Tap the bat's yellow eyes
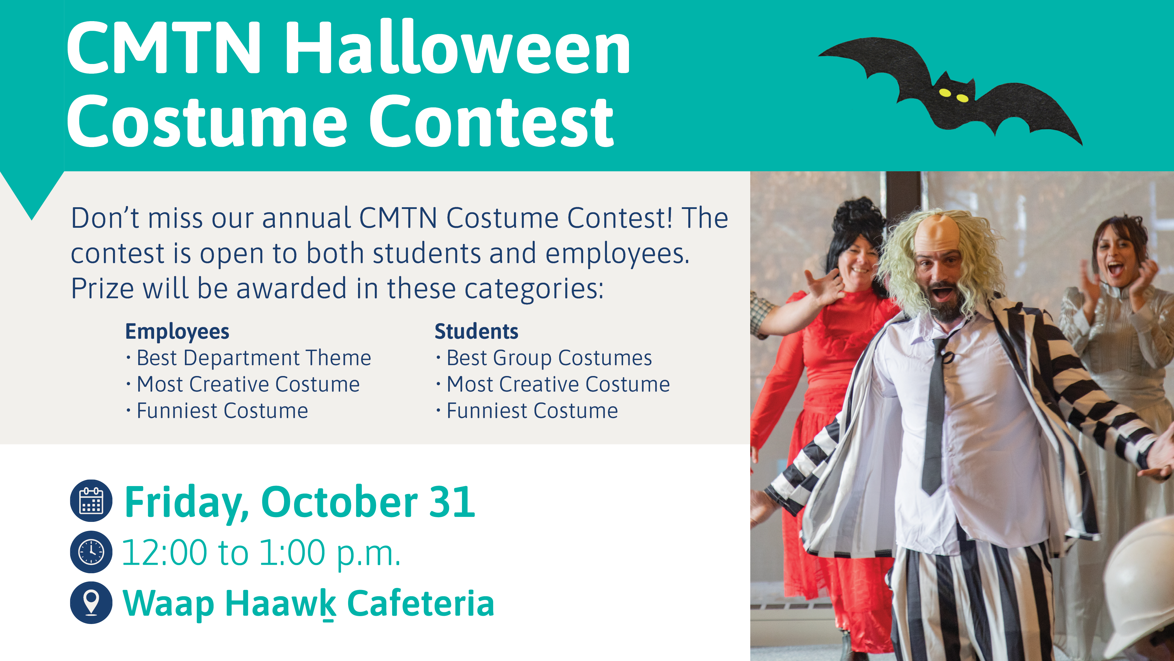tap(953, 96)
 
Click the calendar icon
tap(91, 500)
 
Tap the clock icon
tap(91, 552)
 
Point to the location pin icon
tap(91, 603)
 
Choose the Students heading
tap(476, 331)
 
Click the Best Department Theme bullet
tap(249, 358)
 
